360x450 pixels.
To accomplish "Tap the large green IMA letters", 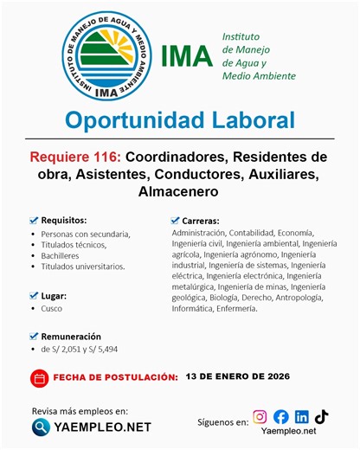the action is point(186,55).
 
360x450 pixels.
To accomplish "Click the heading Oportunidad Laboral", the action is point(179,119).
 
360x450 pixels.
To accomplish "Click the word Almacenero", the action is point(179,191).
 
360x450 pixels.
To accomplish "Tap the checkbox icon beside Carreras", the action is point(175,221).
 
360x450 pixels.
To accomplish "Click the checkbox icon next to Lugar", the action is point(34,295).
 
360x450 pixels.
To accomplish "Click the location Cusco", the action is point(51,308).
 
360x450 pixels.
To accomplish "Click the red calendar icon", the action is point(39,378).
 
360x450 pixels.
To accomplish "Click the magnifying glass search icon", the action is point(41,426).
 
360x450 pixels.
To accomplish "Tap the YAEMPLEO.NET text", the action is point(102,427).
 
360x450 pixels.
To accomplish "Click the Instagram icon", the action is point(260,417).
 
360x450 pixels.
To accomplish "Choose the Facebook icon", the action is point(280,417).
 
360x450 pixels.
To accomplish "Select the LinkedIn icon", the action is point(301,417).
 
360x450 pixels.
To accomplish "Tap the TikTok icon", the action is point(321,417).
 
